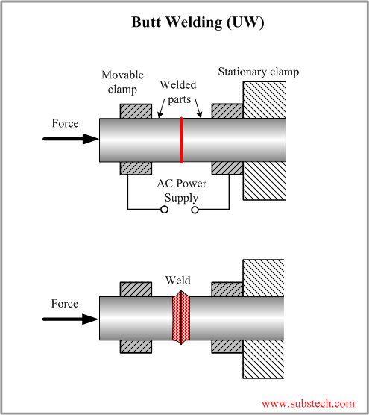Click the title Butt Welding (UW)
click(198, 22)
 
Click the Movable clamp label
click(123, 81)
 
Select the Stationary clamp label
click(258, 72)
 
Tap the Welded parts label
click(178, 91)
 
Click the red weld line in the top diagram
click(181, 140)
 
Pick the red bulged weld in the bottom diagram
click(181, 319)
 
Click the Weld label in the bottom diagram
click(177, 281)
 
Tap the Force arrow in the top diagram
click(72, 139)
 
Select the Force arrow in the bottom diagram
click(72, 319)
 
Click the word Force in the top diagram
click(65, 123)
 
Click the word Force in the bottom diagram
click(65, 304)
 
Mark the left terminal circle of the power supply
click(166, 210)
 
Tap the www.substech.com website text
click(308, 403)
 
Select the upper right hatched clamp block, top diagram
click(227, 110)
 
